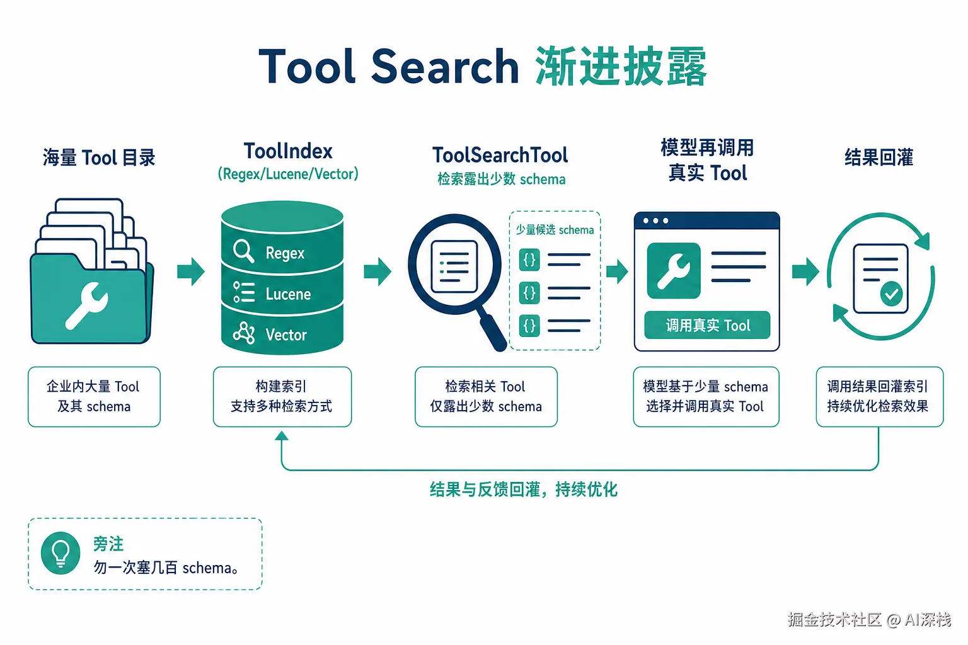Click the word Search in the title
pos(445,67)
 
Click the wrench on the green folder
pos(86,305)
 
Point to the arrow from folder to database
pos(190,271)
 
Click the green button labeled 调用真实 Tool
pos(707,325)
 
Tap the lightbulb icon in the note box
pos(60,553)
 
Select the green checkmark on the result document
pos(891,294)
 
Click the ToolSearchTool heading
pos(500,155)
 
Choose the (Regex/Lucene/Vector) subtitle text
pos(288,174)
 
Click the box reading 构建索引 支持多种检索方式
pos(282,397)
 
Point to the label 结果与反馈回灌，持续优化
pos(524,489)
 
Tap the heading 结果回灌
pos(879,157)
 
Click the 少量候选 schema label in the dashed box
pos(555,230)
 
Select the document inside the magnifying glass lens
pos(454,266)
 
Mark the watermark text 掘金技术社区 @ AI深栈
pos(869,620)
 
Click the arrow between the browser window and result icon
pos(805,271)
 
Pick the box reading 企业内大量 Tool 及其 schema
pos(94,397)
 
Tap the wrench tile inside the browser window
pos(674,270)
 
